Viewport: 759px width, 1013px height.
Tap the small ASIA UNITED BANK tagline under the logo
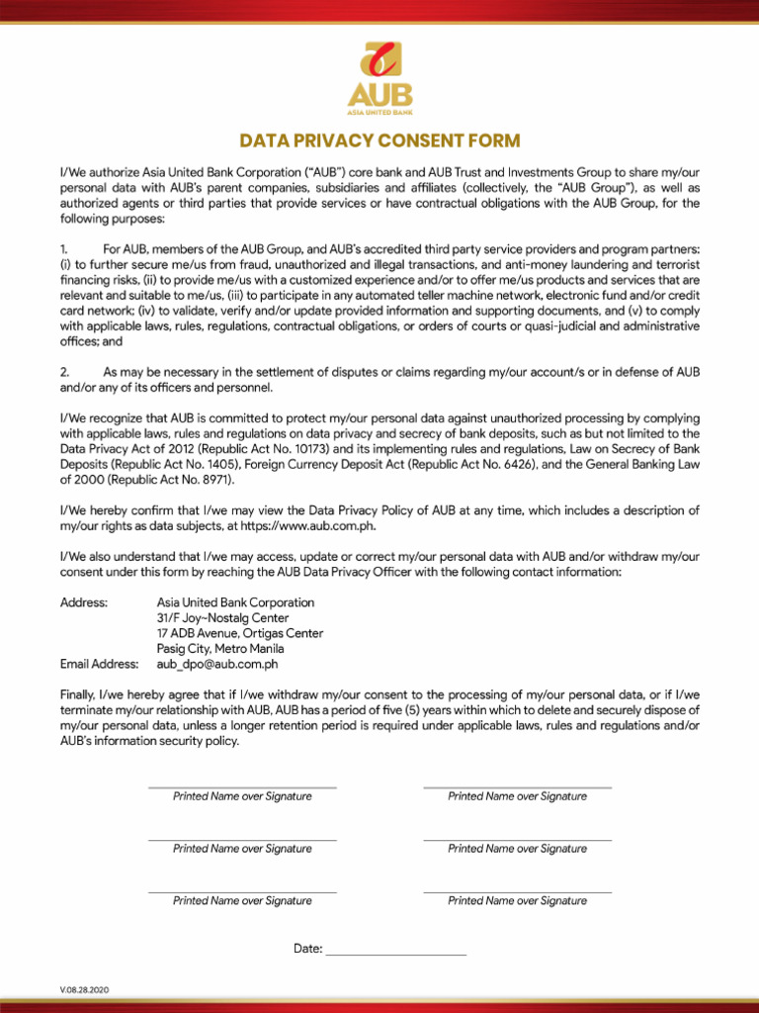coord(379,113)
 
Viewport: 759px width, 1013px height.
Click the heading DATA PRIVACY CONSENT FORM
coord(379,141)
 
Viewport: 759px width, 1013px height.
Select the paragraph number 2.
coord(64,371)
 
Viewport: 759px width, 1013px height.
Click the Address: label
coord(84,602)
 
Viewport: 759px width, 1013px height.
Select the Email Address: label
coord(100,665)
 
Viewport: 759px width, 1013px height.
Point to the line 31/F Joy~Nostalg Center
coord(222,618)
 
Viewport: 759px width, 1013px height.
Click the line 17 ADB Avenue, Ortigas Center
coord(239,633)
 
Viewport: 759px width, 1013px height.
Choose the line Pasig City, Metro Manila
coord(220,649)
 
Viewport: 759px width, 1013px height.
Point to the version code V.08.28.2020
coord(84,990)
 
